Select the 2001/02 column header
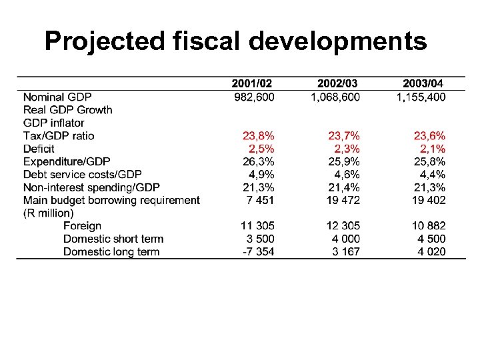point(252,84)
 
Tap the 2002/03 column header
point(337,84)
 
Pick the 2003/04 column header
point(423,84)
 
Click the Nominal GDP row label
point(57,97)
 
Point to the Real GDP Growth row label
point(67,109)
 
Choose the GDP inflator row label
point(53,123)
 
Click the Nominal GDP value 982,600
point(254,97)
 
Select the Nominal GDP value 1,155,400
point(421,97)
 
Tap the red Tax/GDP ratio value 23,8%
point(259,135)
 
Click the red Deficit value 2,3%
point(346,148)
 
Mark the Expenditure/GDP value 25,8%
point(430,161)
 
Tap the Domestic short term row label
point(113,239)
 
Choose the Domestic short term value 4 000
point(345,239)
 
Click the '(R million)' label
point(49,213)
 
